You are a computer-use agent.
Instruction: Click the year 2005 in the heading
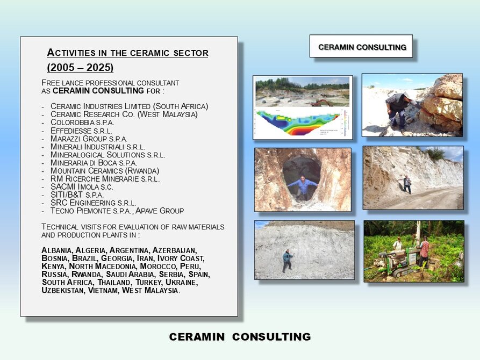60,67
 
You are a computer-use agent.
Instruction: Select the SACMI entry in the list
82,187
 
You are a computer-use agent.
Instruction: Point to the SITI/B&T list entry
77,195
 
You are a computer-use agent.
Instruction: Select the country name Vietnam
103,290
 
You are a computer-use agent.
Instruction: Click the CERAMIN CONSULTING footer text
240,337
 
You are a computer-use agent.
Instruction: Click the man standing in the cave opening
303,187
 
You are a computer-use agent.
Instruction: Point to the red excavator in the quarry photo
321,103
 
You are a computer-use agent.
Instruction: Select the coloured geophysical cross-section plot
298,123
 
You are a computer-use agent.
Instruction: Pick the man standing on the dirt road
407,184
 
